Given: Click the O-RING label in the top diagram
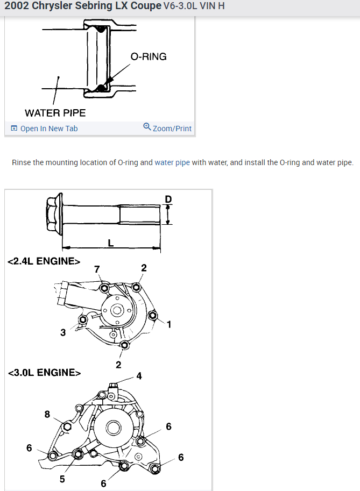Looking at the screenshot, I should click(x=149, y=56).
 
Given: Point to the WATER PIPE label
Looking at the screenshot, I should click(x=55, y=113).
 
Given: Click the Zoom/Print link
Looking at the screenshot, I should click(x=167, y=129).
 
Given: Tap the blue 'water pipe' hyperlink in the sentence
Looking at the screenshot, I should click(x=172, y=162).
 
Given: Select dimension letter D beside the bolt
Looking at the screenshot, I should click(x=168, y=199).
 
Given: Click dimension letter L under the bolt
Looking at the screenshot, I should click(x=111, y=243).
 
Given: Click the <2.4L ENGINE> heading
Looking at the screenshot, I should click(x=44, y=261).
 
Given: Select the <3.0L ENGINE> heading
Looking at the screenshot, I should click(x=44, y=372).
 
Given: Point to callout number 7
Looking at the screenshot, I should click(x=97, y=269).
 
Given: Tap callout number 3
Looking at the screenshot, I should click(x=63, y=332).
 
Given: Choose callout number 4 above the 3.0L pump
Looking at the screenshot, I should click(x=139, y=376).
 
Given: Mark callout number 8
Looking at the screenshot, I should click(x=47, y=414).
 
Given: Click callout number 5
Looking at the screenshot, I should click(x=62, y=479).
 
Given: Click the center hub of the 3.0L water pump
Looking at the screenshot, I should click(x=113, y=428).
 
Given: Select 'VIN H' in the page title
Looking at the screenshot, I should click(x=212, y=6).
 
